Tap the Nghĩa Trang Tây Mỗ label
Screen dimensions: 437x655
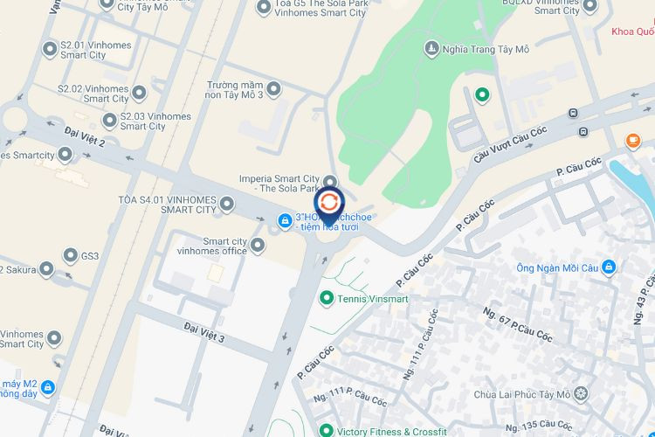tap(486, 49)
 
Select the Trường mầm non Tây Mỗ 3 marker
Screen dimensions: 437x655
tap(273, 88)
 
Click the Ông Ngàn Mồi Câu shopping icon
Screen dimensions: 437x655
tap(609, 267)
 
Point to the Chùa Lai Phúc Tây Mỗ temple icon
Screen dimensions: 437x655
tap(582, 394)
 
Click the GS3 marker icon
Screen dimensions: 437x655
tap(71, 256)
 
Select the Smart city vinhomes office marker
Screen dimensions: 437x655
tap(258, 247)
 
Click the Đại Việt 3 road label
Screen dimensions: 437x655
tap(204, 332)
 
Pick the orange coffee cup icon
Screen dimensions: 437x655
tap(632, 140)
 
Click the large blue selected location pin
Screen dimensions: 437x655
tap(329, 203)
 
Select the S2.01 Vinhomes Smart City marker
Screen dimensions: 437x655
tap(50, 49)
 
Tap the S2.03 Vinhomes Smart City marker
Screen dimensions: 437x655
tap(110, 121)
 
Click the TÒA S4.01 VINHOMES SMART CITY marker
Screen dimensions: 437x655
tap(227, 205)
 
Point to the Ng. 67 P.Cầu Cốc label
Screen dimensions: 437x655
tap(517, 323)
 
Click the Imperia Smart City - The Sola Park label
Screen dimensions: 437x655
tap(279, 184)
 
